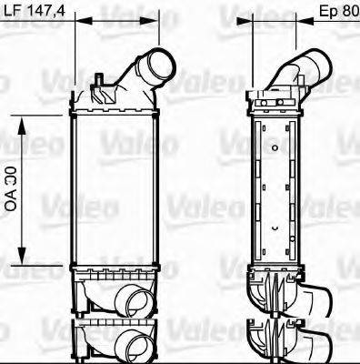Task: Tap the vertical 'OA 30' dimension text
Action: [x=11, y=187]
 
